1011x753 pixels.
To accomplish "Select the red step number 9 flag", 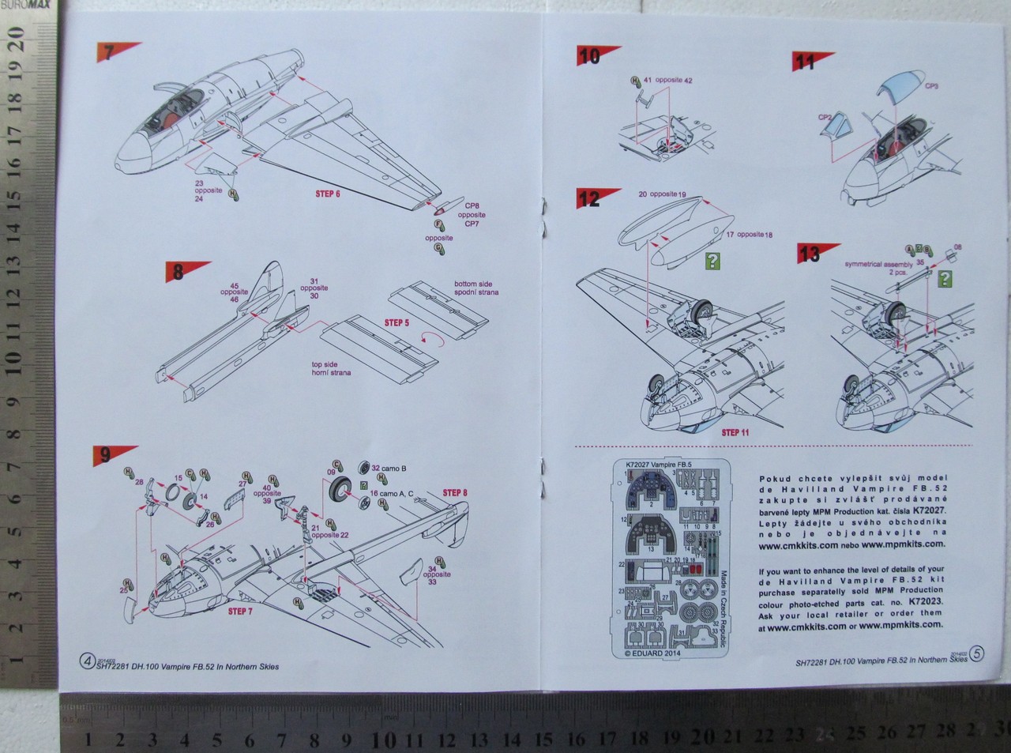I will click(110, 455).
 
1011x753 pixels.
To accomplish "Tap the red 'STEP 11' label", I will click(735, 433).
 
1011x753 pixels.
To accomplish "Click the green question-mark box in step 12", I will click(713, 261).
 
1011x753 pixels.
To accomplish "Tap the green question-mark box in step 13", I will click(944, 279).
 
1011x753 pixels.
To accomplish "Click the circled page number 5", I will click(978, 653).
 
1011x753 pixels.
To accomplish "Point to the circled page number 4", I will click(87, 661).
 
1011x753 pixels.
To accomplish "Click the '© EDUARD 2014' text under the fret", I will click(647, 653).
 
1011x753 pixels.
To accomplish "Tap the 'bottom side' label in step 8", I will click(472, 283).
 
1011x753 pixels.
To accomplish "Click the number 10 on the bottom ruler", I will click(385, 739).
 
